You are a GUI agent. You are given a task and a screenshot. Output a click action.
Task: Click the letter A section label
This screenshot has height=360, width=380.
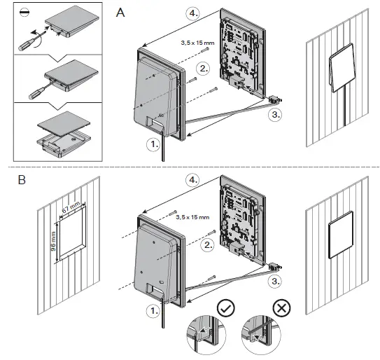tap(120, 13)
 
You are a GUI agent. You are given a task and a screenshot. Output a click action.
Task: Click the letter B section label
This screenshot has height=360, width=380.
tap(22, 180)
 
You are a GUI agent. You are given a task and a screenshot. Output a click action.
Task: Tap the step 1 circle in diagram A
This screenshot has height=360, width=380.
tap(153, 144)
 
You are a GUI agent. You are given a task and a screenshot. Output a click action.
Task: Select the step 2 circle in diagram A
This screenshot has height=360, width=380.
tap(204, 69)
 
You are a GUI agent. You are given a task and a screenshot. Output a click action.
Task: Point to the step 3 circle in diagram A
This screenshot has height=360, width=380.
tap(276, 114)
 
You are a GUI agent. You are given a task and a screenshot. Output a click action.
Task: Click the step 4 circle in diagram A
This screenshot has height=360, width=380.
tap(193, 13)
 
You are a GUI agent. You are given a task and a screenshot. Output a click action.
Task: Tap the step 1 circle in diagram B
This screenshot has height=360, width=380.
tap(153, 311)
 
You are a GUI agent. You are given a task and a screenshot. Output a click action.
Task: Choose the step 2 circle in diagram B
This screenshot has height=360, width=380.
tap(208, 245)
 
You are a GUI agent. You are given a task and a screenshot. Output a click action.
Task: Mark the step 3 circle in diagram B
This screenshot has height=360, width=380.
tap(276, 282)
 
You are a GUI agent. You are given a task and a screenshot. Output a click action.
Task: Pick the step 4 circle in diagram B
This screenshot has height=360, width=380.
tap(193, 180)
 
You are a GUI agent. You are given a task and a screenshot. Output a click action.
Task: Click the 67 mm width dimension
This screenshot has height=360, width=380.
tap(71, 207)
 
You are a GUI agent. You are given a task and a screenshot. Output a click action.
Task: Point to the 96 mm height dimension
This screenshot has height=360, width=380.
tap(53, 242)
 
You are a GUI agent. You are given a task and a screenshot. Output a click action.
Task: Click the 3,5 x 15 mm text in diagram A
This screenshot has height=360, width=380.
tap(197, 43)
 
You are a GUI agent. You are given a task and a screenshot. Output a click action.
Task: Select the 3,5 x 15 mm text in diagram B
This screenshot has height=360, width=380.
tap(192, 217)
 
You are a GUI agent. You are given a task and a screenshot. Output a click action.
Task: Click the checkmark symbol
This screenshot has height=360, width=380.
tap(226, 308)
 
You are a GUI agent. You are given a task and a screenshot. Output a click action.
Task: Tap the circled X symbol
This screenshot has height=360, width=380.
tap(281, 308)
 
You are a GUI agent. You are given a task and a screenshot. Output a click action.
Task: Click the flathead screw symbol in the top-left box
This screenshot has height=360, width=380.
tap(25, 13)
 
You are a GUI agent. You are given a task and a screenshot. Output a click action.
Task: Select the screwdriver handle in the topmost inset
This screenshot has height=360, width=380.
tap(25, 46)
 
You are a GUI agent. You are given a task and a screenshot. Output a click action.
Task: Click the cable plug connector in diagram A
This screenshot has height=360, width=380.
tap(274, 99)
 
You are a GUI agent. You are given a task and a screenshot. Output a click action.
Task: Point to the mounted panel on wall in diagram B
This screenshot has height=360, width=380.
tap(341, 235)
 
